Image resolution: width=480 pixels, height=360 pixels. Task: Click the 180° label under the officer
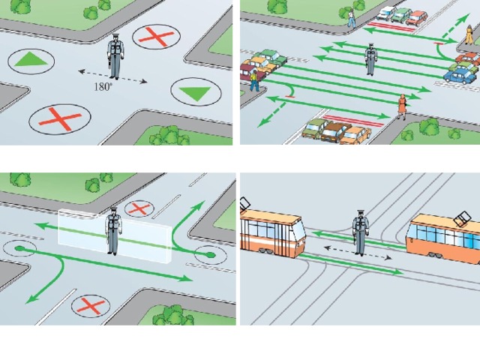pyautogui.click(x=103, y=87)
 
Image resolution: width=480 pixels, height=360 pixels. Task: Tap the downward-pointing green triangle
pyautogui.click(x=195, y=94)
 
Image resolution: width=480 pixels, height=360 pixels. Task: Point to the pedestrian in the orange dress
pyautogui.click(x=402, y=106)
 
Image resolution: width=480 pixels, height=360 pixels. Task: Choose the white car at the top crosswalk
pyautogui.click(x=385, y=13)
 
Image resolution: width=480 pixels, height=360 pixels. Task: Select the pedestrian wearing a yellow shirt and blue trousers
pyautogui.click(x=253, y=81)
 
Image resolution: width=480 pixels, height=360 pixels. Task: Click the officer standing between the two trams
pyautogui.click(x=360, y=232)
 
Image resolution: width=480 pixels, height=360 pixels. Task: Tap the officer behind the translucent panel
pyautogui.click(x=113, y=230)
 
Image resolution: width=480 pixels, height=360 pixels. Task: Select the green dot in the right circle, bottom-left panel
pyautogui.click(x=209, y=254)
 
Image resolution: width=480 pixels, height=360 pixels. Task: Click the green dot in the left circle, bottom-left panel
pyautogui.click(x=19, y=248)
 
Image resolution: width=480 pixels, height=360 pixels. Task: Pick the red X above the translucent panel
pyautogui.click(x=139, y=209)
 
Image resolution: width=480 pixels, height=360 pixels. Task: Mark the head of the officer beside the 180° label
pyautogui.click(x=115, y=37)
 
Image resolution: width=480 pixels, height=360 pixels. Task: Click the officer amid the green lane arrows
pyautogui.click(x=370, y=59)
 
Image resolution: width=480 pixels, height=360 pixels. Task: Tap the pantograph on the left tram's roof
pyautogui.click(x=245, y=204)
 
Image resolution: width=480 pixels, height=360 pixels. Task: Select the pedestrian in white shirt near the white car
pyautogui.click(x=352, y=18)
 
